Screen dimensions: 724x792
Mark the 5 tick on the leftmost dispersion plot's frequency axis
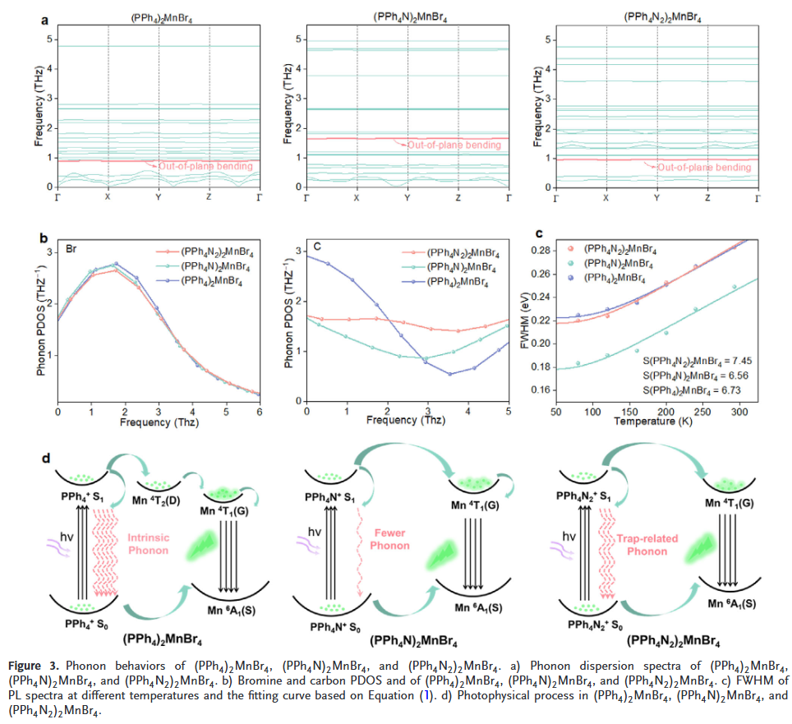(x=51, y=39)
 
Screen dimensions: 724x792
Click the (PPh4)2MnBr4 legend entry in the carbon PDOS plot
(x=457, y=283)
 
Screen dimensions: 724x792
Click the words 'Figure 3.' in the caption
(x=34, y=664)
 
